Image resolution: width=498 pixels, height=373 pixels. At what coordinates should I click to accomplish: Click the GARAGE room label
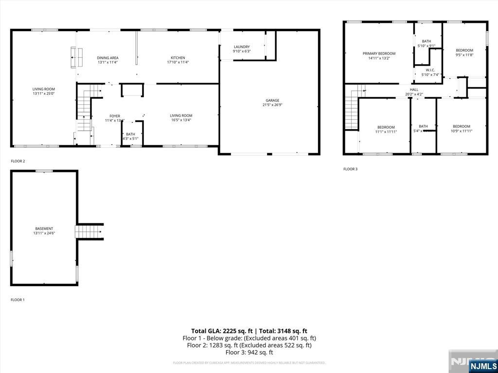(272, 101)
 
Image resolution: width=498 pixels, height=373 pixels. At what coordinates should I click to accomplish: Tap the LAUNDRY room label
(242, 47)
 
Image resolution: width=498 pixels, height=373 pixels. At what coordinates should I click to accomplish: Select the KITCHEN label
(178, 58)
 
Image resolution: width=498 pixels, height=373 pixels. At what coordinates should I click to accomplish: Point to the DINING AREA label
(107, 58)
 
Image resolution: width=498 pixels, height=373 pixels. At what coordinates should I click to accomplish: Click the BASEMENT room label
(44, 228)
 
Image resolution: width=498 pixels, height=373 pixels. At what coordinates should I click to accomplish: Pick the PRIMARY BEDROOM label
(379, 53)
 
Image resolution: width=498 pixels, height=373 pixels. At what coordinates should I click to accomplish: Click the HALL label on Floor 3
(414, 89)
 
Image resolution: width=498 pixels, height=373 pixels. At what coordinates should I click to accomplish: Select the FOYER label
(115, 116)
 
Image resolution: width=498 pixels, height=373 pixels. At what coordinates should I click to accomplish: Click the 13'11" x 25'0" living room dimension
(44, 94)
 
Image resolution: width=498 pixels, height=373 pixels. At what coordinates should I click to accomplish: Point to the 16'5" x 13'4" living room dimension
(181, 120)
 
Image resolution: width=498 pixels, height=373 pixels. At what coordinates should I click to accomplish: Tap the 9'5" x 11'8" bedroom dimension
(464, 55)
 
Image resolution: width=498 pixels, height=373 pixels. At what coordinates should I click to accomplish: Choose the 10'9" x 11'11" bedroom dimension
(462, 131)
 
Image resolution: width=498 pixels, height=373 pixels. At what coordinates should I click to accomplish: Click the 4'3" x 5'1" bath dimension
(130, 138)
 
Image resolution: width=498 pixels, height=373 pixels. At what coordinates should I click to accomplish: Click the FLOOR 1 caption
(18, 300)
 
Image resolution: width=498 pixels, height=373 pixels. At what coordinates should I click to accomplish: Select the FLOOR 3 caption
(350, 169)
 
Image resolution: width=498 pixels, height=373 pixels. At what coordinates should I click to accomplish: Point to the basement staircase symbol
(89, 231)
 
